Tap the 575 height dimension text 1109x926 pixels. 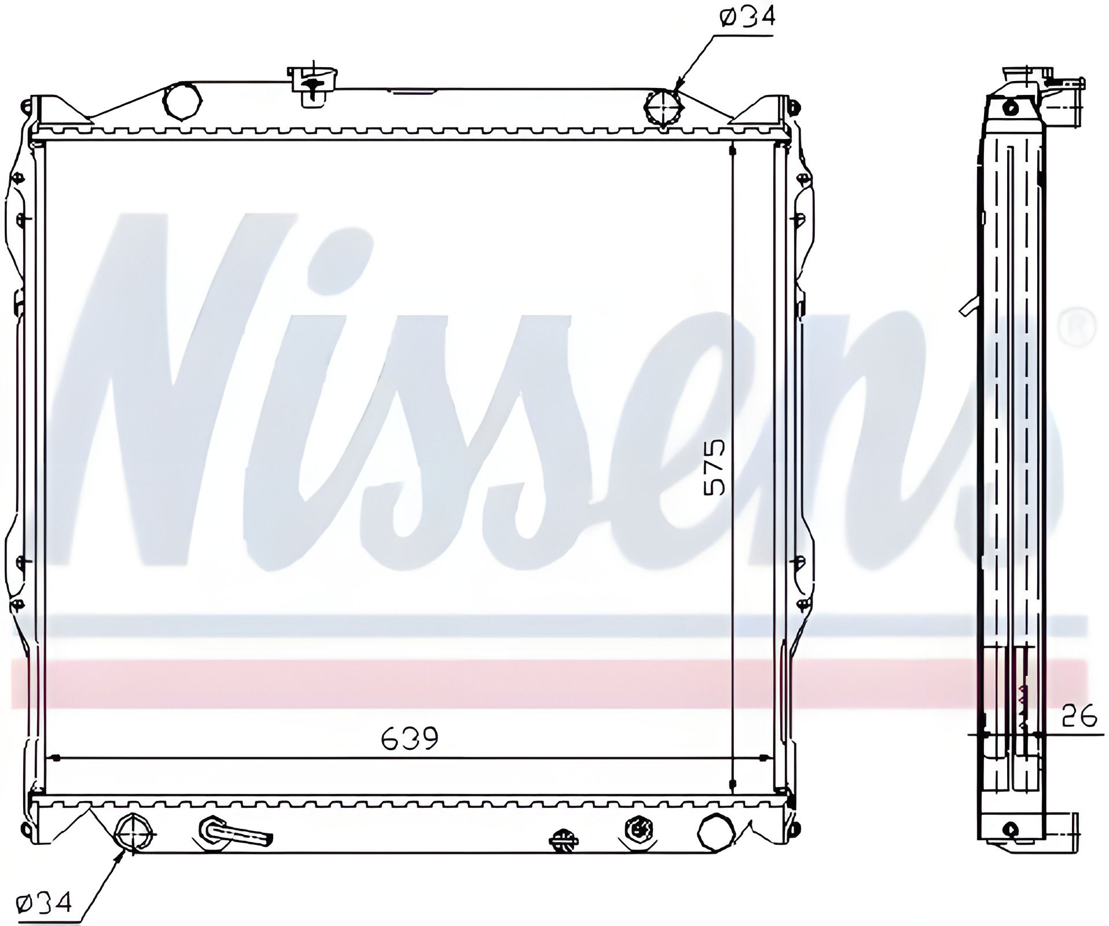[714, 467]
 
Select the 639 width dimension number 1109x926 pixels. [410, 738]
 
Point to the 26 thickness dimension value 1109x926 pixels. [1079, 718]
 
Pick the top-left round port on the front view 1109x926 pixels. [182, 101]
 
